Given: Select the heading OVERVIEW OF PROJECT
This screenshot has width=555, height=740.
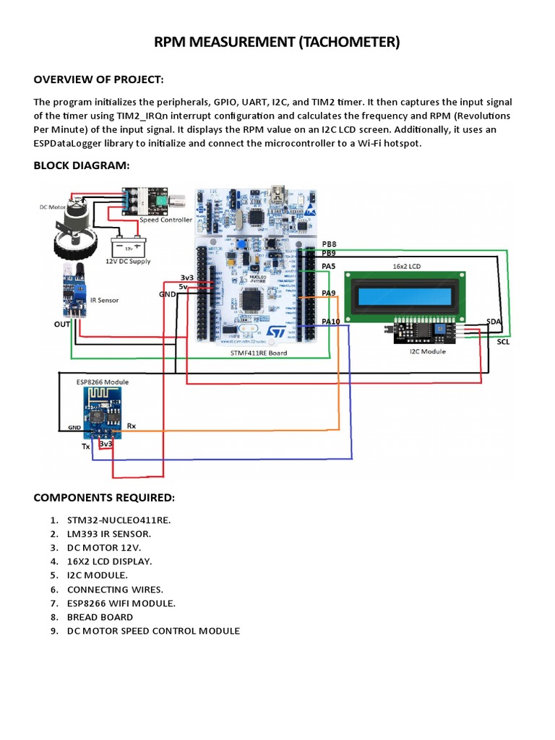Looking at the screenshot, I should tap(99, 79).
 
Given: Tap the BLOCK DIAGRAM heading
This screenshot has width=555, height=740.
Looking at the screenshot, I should tap(82, 165).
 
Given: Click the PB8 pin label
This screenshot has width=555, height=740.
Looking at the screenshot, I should tap(329, 245).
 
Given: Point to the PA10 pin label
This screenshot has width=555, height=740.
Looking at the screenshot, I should tap(330, 321).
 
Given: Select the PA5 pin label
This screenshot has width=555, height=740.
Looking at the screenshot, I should tap(329, 267).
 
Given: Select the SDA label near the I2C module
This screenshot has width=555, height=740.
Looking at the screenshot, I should tap(494, 320).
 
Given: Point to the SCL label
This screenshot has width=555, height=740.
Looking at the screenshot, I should tap(503, 342).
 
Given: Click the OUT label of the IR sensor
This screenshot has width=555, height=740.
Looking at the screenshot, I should tap(62, 324).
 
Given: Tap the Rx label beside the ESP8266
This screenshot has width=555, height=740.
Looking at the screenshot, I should tap(132, 426).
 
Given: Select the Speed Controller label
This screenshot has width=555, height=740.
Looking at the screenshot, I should tap(165, 220).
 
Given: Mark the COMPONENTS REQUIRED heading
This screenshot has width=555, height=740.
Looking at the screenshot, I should tap(104, 499).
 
